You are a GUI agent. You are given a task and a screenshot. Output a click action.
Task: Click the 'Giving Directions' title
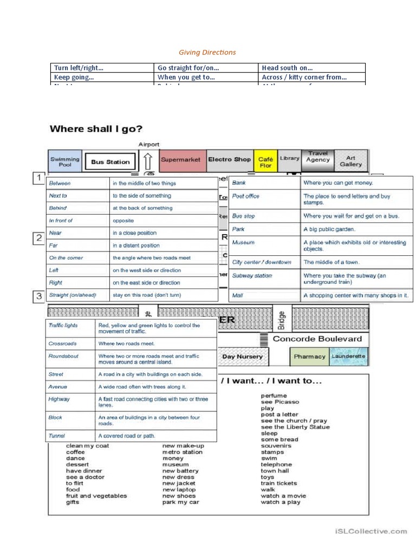pos(207,53)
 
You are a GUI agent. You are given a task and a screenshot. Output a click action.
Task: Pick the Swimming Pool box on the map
pos(65,161)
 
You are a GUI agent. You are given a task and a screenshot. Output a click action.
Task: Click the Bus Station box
pos(110,162)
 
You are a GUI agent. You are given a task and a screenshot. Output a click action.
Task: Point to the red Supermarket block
pos(181,160)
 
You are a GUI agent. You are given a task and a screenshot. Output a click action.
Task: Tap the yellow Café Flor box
pos(265,162)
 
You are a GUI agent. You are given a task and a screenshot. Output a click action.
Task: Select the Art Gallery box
pos(350,161)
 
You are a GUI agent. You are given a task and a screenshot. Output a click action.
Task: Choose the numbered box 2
pos(38,238)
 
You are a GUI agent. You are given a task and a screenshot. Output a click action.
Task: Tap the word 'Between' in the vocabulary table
pos(60,183)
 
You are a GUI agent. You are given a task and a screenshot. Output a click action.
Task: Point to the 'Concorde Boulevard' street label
pos(317,339)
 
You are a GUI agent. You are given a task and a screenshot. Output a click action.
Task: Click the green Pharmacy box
pos(309,357)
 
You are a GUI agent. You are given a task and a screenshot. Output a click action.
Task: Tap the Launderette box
pos(348,357)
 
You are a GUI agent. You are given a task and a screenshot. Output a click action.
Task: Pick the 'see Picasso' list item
pos(279,402)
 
